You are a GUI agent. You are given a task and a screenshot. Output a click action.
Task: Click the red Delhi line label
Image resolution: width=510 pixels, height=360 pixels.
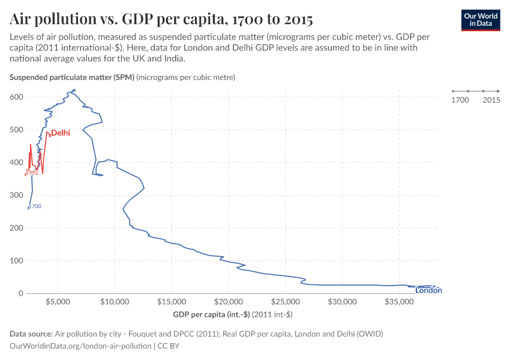(x=61, y=133)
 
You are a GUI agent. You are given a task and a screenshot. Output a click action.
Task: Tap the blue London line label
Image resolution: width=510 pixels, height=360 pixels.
(x=428, y=290)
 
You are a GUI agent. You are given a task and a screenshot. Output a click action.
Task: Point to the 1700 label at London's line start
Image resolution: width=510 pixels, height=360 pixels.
(x=35, y=206)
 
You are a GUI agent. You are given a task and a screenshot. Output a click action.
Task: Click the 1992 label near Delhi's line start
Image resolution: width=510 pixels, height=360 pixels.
(x=32, y=173)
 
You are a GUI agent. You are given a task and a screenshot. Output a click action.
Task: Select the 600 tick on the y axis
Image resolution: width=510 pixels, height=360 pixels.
(x=17, y=97)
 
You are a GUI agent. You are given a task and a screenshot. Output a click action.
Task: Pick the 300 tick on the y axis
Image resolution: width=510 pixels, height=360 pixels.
(x=17, y=195)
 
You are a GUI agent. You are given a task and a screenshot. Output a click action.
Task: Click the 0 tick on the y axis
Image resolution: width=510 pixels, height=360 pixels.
(x=21, y=293)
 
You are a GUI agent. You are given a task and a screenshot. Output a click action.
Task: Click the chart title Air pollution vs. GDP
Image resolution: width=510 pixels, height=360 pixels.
(x=161, y=19)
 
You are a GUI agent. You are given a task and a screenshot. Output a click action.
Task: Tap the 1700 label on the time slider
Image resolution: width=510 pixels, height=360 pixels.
(x=460, y=100)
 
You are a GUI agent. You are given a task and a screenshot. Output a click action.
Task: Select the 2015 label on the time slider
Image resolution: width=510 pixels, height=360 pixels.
(x=491, y=100)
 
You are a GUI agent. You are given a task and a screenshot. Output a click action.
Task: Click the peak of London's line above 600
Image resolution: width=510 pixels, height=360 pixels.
(x=74, y=91)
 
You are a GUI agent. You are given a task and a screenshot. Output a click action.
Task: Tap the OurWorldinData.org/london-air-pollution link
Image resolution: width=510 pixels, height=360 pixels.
(x=81, y=346)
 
